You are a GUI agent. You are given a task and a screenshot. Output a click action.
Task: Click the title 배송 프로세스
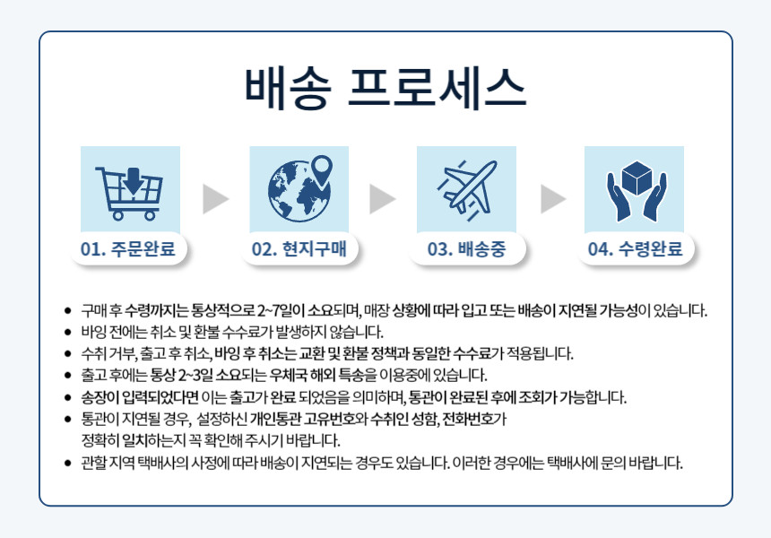pos(385,88)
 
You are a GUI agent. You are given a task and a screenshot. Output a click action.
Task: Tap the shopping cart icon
pos(130,192)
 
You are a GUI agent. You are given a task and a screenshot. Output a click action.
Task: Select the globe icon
pos(299,192)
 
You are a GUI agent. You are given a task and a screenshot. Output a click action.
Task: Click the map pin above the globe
pos(322,170)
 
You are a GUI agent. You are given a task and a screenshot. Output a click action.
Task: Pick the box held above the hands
pos(637,178)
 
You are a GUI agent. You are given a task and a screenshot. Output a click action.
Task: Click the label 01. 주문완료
pos(128,249)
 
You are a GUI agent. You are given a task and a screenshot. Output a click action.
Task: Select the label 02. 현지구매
pos(299,249)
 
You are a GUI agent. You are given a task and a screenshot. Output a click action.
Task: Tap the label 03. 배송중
pos(466,249)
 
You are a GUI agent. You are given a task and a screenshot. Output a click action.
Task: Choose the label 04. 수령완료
pos(636,249)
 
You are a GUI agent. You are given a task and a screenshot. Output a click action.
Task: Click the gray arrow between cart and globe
pos(215,199)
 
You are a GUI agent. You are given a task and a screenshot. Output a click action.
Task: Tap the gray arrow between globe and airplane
pos(383,199)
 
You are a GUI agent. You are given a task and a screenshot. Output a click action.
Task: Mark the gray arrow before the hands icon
pos(553,199)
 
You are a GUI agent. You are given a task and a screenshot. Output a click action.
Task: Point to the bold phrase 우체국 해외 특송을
pos(324,375)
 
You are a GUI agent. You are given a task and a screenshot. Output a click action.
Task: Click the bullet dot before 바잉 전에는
pos(68,333)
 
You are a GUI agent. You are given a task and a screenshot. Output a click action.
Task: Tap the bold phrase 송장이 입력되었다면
pos(140,397)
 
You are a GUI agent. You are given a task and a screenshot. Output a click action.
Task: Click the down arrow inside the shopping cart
pos(133,180)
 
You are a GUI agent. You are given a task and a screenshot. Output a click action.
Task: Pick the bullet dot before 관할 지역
pos(68,464)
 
